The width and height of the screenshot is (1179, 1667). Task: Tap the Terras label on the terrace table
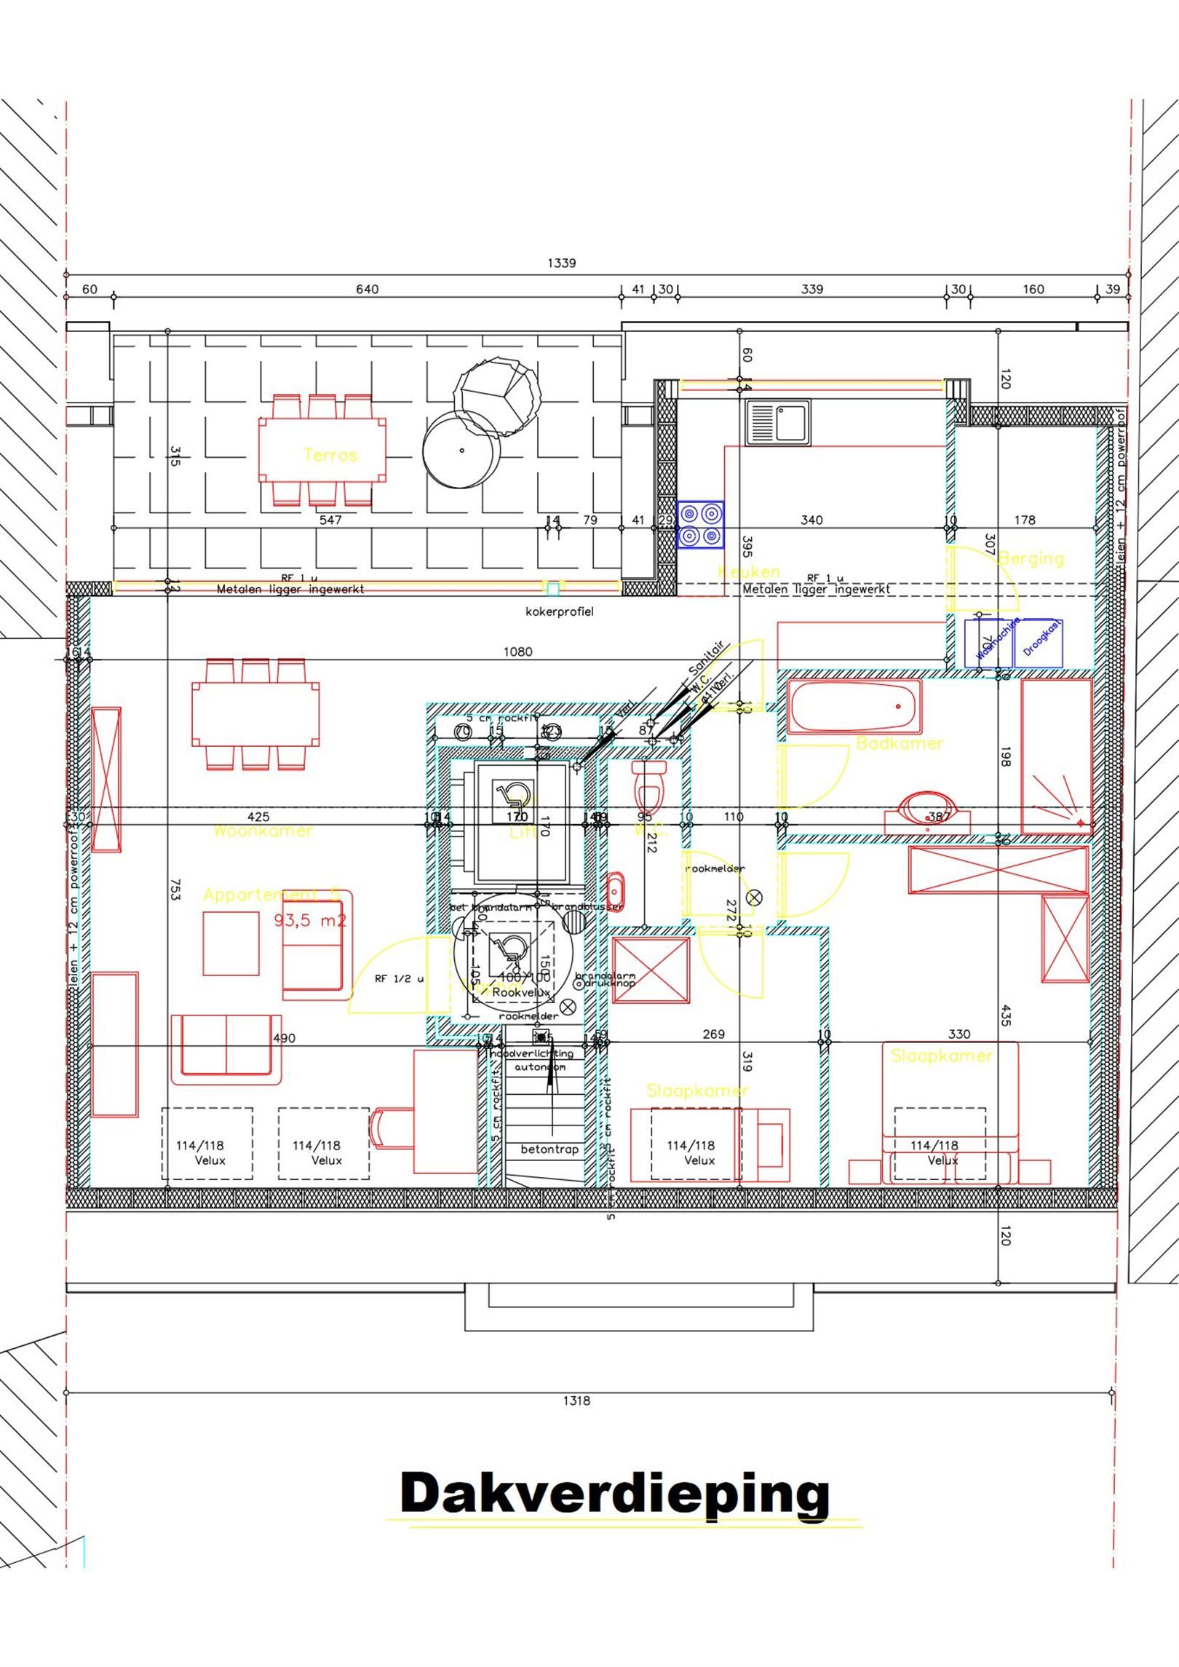[x=330, y=455]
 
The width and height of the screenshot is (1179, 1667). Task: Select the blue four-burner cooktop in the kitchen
[x=700, y=524]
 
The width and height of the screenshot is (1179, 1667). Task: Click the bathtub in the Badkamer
[x=854, y=707]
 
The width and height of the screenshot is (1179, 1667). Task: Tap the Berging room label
[x=1031, y=558]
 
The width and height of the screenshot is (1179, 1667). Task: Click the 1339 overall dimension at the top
[x=561, y=263]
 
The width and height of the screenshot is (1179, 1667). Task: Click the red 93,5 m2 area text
[x=310, y=920]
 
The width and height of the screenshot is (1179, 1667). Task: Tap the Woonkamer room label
[x=263, y=831]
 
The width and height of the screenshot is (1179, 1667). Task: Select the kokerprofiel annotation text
[x=559, y=611]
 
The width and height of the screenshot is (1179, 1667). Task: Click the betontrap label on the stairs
[x=549, y=1149]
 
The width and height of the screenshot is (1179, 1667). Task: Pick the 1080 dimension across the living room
[x=517, y=652]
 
